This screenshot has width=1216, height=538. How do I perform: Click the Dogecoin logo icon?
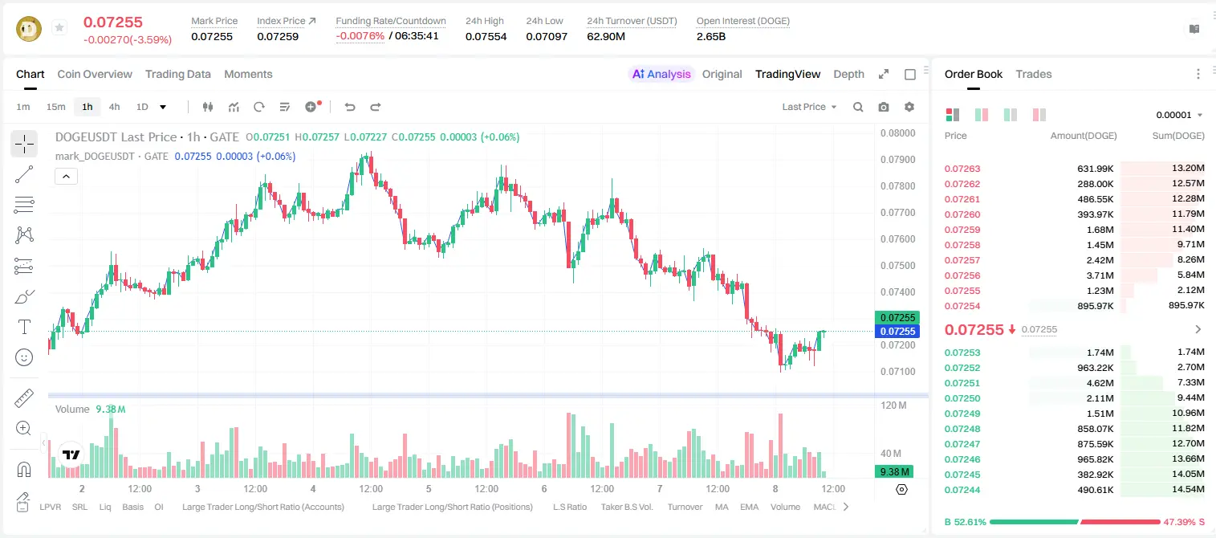(29, 29)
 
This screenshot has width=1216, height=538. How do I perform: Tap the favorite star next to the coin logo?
(59, 27)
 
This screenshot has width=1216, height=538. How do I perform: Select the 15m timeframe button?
(56, 107)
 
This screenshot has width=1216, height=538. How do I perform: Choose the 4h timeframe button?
(115, 107)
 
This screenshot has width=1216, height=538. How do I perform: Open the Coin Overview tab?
(95, 74)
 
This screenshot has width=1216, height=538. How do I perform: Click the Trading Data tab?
(178, 74)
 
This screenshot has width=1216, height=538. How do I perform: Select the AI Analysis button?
(661, 74)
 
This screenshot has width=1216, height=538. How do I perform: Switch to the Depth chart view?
(849, 74)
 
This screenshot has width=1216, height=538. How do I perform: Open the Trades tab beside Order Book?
(1034, 74)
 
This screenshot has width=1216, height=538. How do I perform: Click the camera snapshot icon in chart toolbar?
(884, 107)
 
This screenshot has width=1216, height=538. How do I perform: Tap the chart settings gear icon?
(909, 107)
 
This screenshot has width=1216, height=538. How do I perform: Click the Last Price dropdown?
(809, 107)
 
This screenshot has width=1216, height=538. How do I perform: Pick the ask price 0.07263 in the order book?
(962, 169)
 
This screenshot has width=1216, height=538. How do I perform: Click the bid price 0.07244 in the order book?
(962, 491)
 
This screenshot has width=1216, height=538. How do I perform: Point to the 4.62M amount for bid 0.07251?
(1100, 383)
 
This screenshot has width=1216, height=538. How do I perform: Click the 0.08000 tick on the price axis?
(898, 133)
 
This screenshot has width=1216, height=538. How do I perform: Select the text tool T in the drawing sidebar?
(24, 327)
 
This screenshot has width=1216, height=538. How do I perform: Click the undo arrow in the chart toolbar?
(350, 107)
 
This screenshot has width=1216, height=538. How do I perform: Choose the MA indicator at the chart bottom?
(722, 507)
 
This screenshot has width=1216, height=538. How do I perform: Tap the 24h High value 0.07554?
(486, 37)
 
